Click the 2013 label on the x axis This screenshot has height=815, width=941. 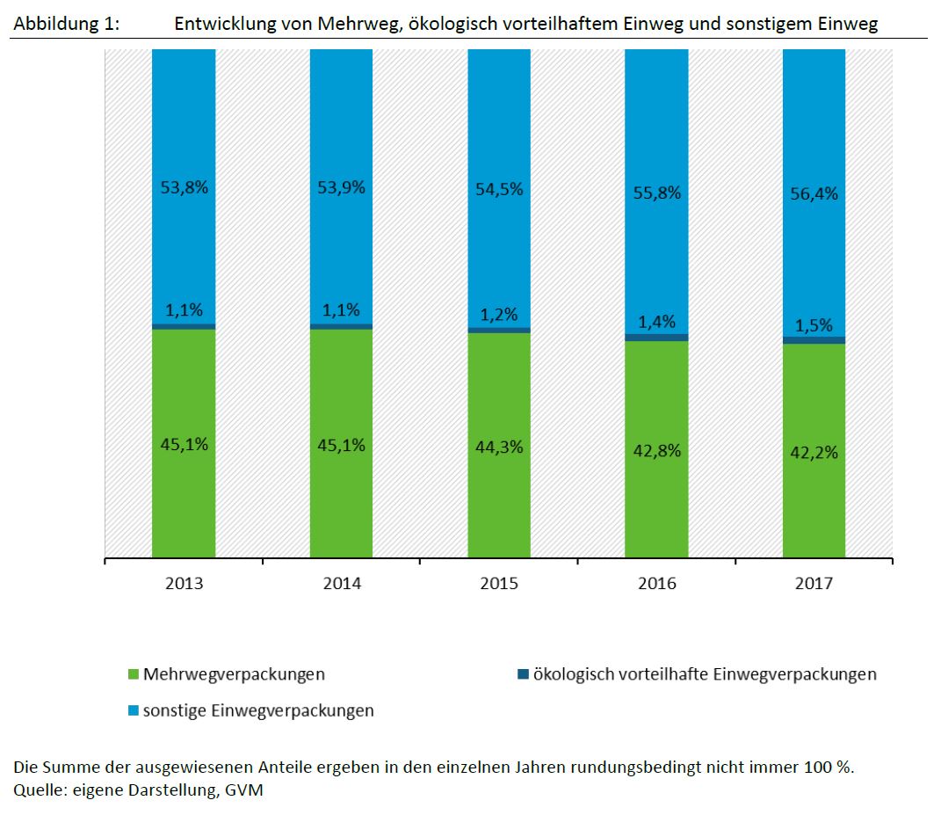[x=184, y=584]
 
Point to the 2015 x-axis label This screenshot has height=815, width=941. [x=499, y=584]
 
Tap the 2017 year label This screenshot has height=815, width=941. [x=814, y=584]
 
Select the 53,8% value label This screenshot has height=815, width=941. [x=184, y=186]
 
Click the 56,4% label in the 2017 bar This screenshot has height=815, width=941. [x=814, y=194]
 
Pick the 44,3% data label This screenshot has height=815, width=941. [x=499, y=447]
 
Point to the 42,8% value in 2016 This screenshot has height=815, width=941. [x=656, y=450]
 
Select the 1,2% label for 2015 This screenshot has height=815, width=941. [x=499, y=315]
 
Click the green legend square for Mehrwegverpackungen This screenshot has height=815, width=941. [x=134, y=675]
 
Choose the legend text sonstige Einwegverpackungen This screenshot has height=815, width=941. [x=258, y=710]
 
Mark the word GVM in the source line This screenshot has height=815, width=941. [x=245, y=790]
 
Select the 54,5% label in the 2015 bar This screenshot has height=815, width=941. [x=499, y=190]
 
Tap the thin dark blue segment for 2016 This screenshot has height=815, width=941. [x=656, y=338]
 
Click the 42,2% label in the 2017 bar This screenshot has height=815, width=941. [x=814, y=453]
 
